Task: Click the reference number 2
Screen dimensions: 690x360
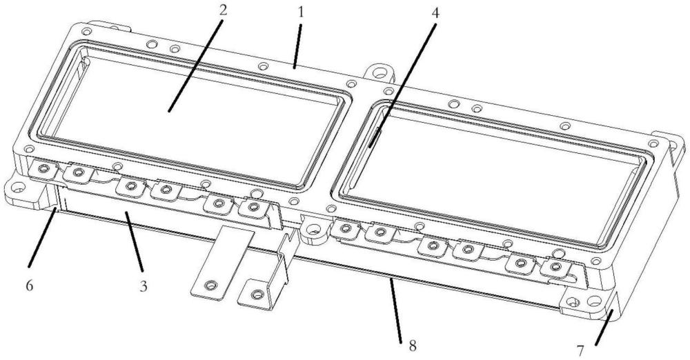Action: pyautogui.click(x=223, y=10)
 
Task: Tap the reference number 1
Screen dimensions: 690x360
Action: pyautogui.click(x=301, y=12)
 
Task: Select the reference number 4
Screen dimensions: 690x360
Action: pyautogui.click(x=435, y=13)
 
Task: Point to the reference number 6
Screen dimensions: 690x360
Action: pyautogui.click(x=29, y=286)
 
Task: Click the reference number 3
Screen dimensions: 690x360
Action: pyautogui.click(x=144, y=286)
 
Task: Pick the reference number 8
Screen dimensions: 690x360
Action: pyautogui.click(x=413, y=346)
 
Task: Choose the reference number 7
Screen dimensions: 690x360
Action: pyautogui.click(x=580, y=351)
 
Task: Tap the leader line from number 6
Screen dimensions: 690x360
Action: pyautogui.click(x=42, y=238)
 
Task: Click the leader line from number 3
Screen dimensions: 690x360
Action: pyautogui.click(x=133, y=241)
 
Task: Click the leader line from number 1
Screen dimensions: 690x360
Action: pyautogui.click(x=297, y=46)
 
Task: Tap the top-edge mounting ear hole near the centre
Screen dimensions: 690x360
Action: pyautogui.click(x=379, y=71)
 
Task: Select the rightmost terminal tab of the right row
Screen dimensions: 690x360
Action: pyautogui.click(x=555, y=267)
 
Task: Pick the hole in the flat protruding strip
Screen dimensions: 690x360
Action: pyautogui.click(x=211, y=285)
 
